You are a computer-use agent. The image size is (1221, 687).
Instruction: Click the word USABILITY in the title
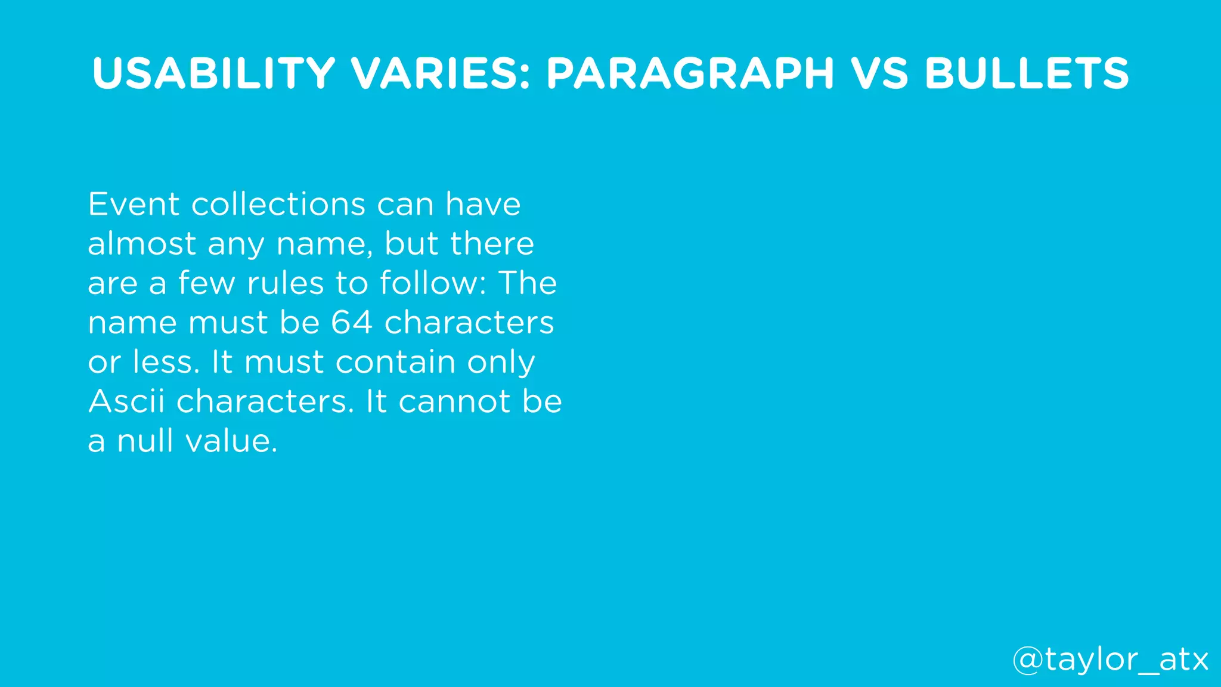pos(214,73)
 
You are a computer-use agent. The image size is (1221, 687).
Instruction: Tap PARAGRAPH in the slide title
pos(690,73)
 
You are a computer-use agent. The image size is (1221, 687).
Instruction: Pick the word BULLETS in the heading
pos(1027,73)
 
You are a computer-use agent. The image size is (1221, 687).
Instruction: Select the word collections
pos(278,205)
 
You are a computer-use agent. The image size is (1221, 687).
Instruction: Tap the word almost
pos(142,244)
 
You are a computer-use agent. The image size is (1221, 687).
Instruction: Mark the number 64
pos(352,323)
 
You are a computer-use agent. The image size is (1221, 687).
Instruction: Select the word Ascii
pos(126,401)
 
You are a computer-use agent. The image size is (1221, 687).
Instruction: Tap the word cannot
pos(454,401)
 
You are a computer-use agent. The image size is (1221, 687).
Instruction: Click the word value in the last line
pos(231,441)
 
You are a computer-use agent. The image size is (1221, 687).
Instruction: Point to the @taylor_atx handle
pos(1110,660)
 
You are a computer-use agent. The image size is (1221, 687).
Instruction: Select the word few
pos(206,283)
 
